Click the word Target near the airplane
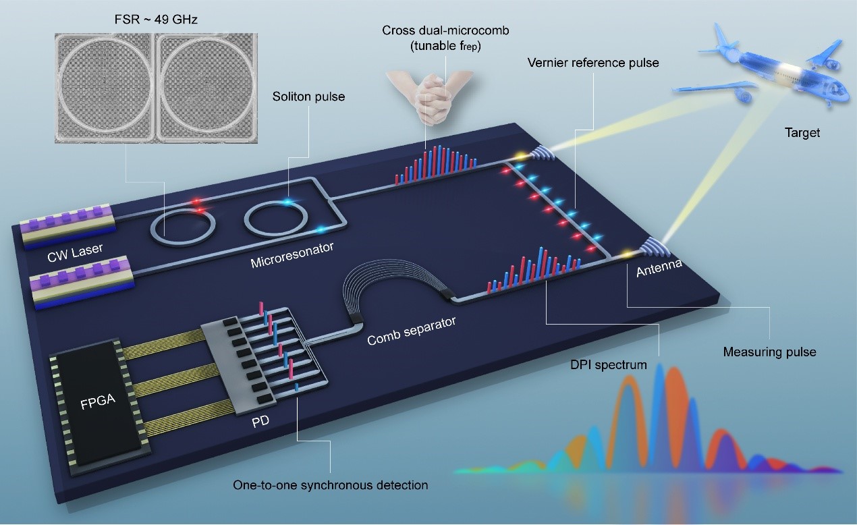[x=802, y=133]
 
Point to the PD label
[x=258, y=426]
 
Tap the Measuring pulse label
[x=760, y=352]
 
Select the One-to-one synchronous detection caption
[x=330, y=485]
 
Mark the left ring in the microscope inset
[x=106, y=80]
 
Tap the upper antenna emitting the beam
[x=538, y=154]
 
